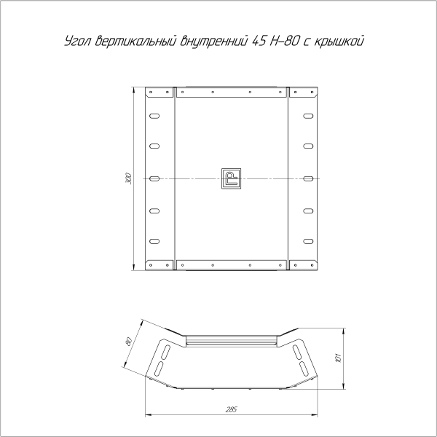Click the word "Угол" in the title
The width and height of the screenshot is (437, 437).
coord(78,42)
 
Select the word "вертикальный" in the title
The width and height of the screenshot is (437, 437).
coord(136,41)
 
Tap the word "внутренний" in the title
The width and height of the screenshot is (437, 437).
coord(213,41)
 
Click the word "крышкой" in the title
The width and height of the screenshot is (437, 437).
coord(339,41)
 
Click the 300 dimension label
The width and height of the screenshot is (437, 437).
coord(128,178)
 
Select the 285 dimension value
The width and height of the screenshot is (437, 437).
coord(232,409)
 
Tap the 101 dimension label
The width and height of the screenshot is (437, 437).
coord(339,358)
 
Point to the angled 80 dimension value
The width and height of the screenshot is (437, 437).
coord(129,342)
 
